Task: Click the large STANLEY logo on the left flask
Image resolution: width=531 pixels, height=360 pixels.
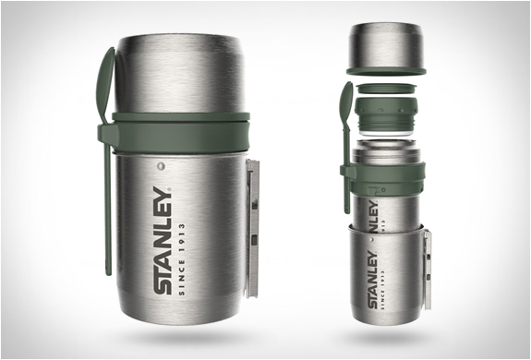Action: (163, 240)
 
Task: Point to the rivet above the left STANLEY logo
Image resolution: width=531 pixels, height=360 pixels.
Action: (161, 166)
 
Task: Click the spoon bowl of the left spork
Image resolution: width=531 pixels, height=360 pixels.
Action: (105, 85)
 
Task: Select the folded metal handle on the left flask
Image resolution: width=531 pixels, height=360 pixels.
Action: (252, 228)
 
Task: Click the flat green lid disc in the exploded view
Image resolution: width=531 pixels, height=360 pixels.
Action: (386, 89)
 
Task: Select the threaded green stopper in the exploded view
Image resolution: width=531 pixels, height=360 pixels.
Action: (386, 115)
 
